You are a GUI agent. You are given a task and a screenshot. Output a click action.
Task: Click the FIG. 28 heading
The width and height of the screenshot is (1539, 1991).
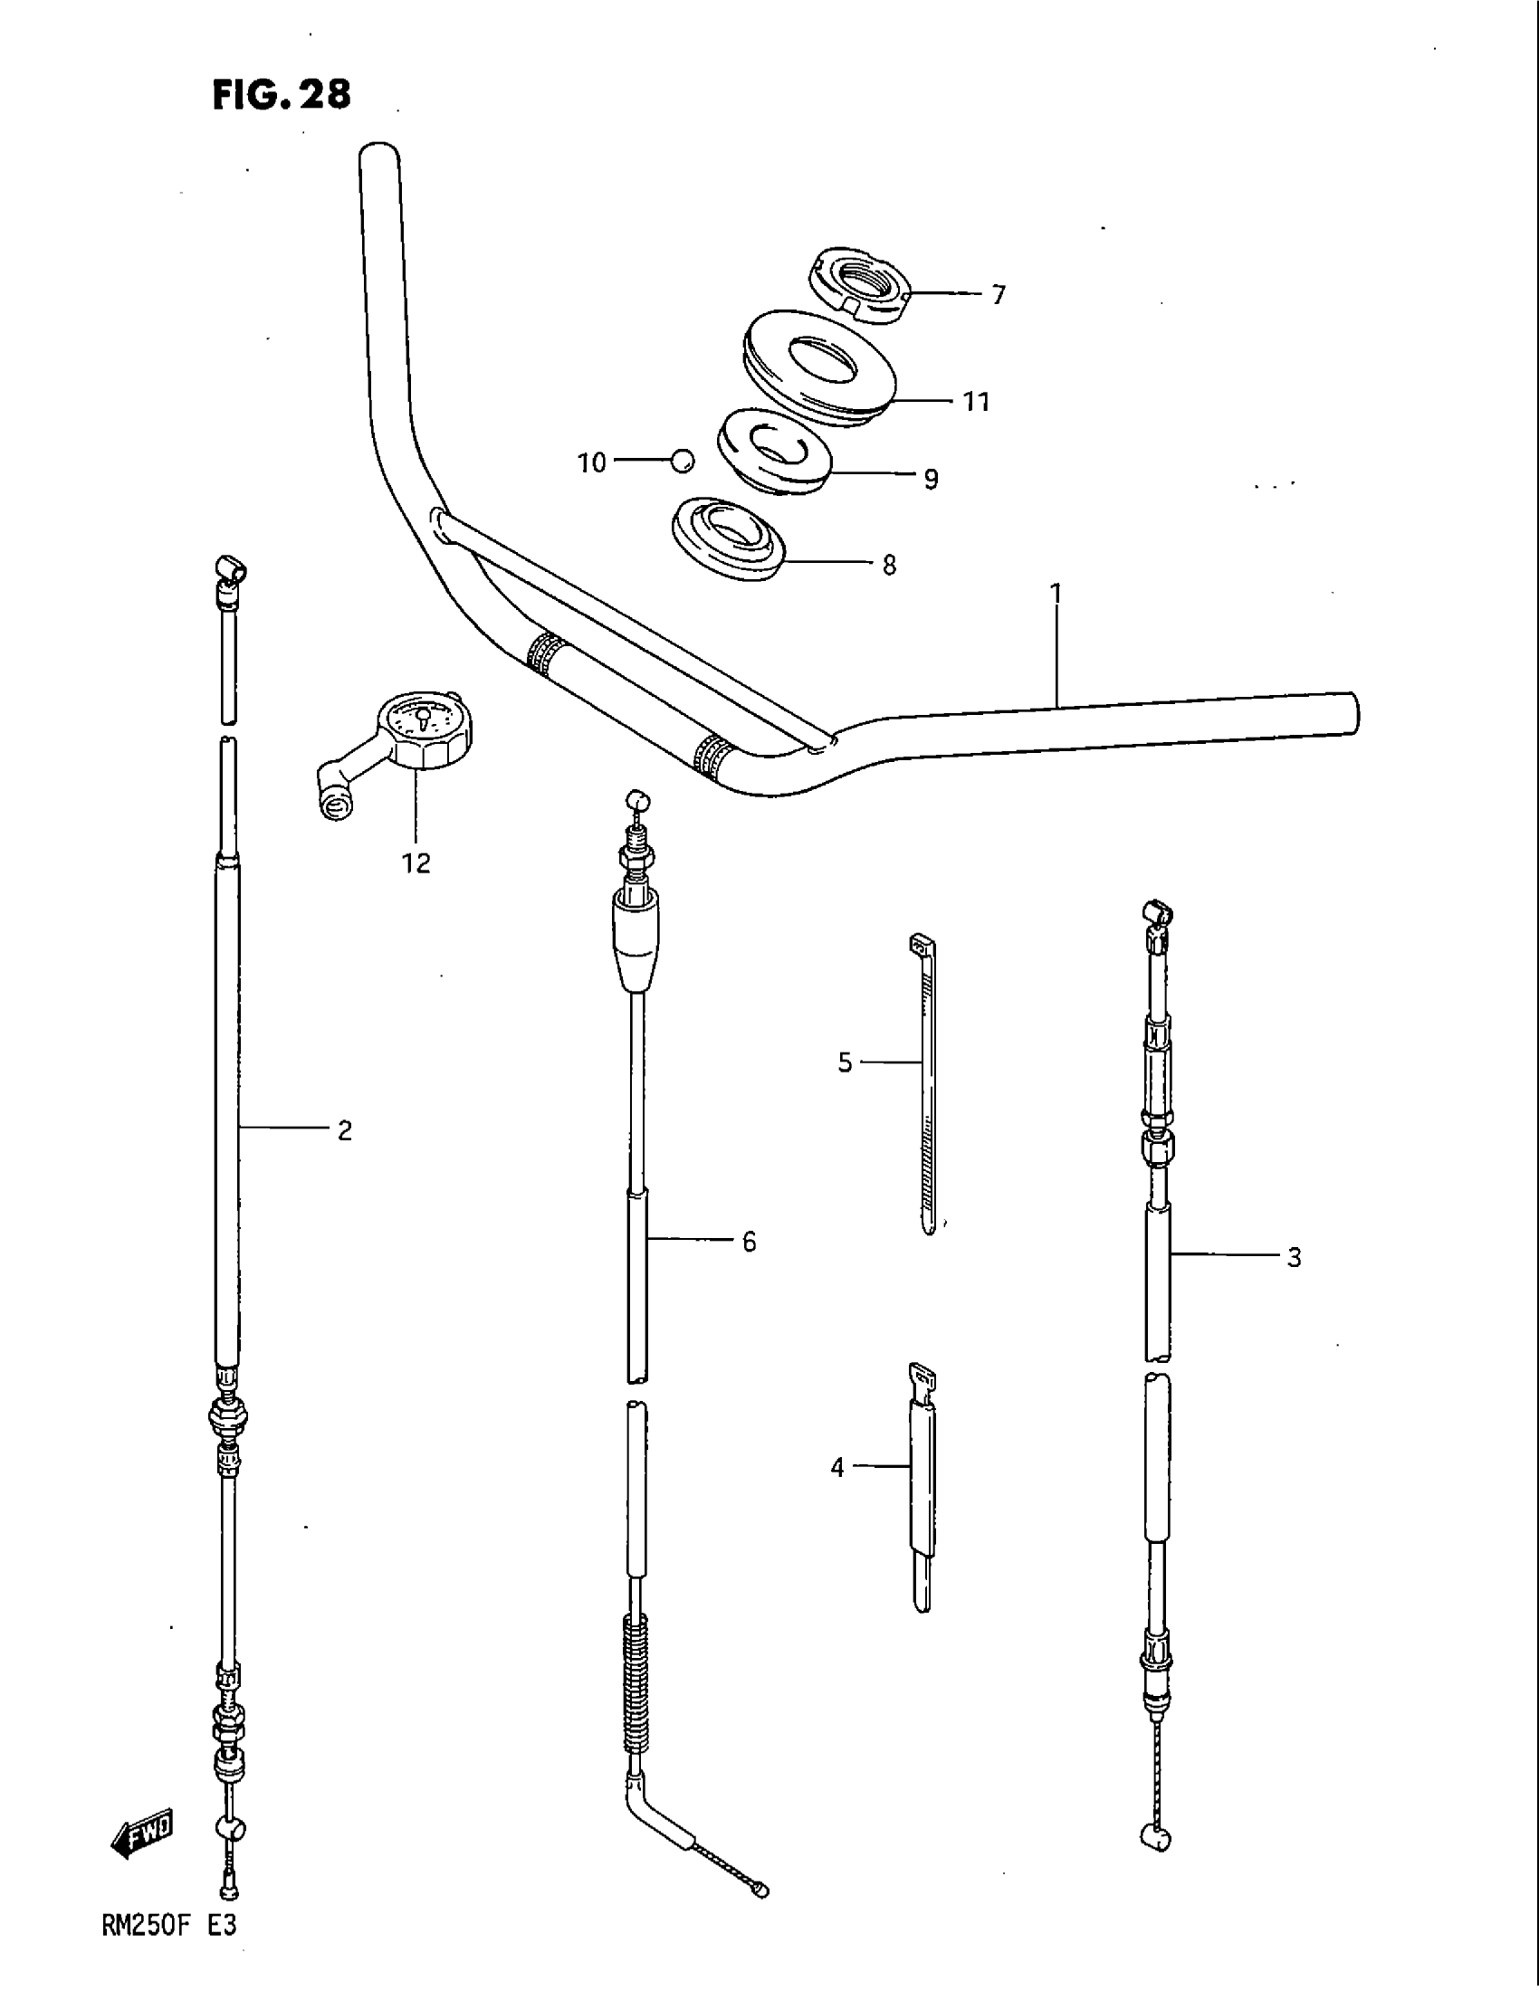point(281,95)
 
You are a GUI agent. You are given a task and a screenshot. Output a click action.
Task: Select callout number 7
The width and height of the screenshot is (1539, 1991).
point(999,294)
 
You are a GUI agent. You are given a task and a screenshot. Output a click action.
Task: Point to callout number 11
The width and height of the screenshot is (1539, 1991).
point(977,402)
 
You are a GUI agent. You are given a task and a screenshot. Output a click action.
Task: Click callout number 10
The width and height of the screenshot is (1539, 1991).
point(592,463)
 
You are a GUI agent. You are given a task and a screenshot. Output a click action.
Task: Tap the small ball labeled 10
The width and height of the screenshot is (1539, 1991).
point(682,462)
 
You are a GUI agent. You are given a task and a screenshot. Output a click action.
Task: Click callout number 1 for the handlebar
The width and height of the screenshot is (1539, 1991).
point(1056,594)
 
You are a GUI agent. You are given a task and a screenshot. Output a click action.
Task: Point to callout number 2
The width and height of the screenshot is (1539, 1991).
point(345,1130)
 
